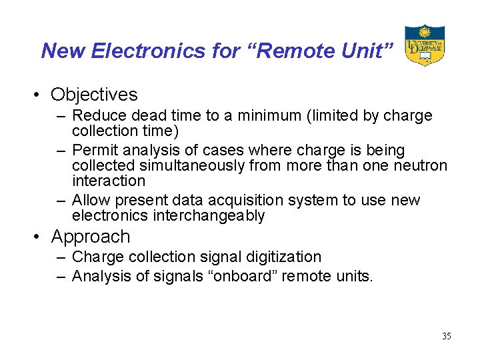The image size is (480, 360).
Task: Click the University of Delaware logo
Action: tap(424, 45)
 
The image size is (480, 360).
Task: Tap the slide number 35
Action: tap(446, 337)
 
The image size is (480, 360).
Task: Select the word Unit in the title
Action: tap(364, 51)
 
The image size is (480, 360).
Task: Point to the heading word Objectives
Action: tap(94, 95)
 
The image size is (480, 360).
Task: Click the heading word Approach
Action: tap(91, 237)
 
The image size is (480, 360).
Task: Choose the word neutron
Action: tap(420, 166)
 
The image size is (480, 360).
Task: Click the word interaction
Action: tap(108, 181)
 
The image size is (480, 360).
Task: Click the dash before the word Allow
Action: tap(61, 201)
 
